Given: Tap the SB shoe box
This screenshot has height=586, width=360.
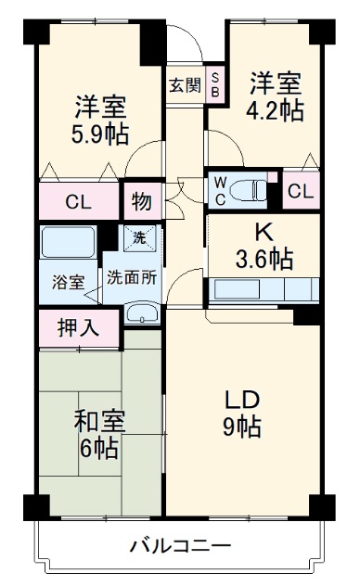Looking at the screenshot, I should pyautogui.click(x=215, y=85).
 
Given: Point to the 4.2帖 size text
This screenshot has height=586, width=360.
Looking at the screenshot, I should pyautogui.click(x=276, y=110).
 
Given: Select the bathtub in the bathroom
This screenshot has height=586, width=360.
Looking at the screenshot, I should pyautogui.click(x=69, y=244).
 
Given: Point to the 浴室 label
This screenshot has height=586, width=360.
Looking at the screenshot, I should pyautogui.click(x=67, y=281).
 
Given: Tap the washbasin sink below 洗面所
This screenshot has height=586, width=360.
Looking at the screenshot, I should pyautogui.click(x=140, y=312).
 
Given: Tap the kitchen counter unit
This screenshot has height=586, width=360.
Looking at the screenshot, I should pyautogui.click(x=265, y=289).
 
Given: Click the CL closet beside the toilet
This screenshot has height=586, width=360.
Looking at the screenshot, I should pyautogui.click(x=300, y=191).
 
